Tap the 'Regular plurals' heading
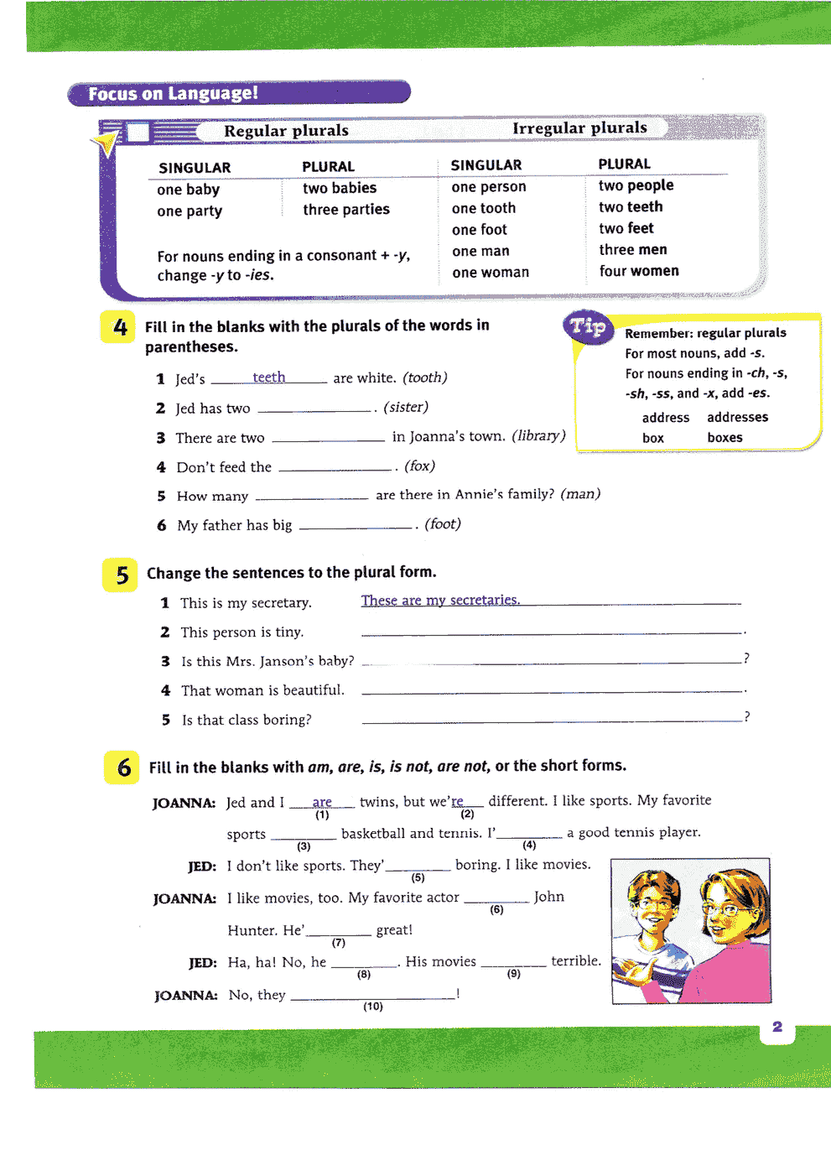(286, 131)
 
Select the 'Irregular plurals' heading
(579, 127)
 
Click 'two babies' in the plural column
(340, 188)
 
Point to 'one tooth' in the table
(484, 208)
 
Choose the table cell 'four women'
(639, 271)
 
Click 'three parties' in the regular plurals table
(346, 210)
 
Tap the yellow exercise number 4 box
(119, 327)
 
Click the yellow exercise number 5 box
(122, 575)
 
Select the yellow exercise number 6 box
(123, 768)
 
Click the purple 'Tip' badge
(588, 326)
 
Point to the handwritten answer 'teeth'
(269, 377)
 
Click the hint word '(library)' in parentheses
(538, 435)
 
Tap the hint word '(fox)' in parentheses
(419, 466)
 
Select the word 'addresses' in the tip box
(737, 417)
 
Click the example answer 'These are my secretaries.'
(440, 600)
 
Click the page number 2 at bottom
(777, 1027)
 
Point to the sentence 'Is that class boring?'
(247, 720)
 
